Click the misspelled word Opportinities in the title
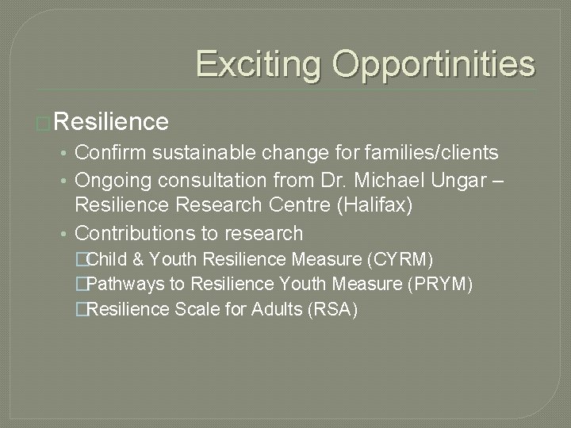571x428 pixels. click(434, 63)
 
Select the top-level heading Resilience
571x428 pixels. click(112, 121)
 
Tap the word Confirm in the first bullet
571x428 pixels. click(112, 151)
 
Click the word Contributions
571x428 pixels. click(137, 233)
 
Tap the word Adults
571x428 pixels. click(269, 309)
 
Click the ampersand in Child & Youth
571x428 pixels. click(137, 259)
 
